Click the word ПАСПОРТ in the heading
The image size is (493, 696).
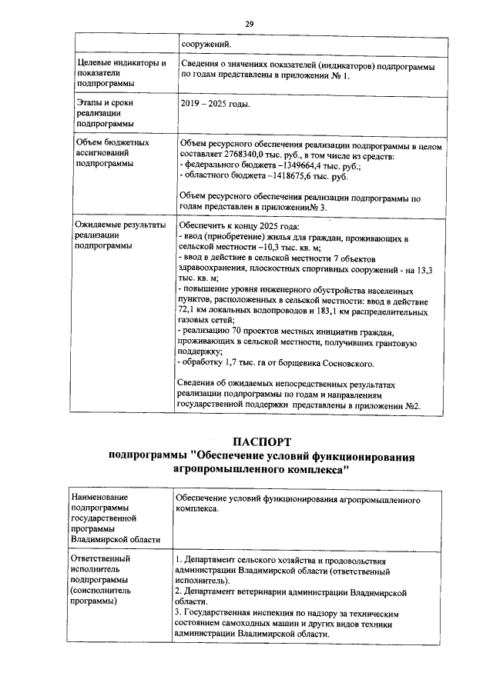click(x=263, y=443)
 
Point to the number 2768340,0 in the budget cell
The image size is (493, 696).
click(x=236, y=156)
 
